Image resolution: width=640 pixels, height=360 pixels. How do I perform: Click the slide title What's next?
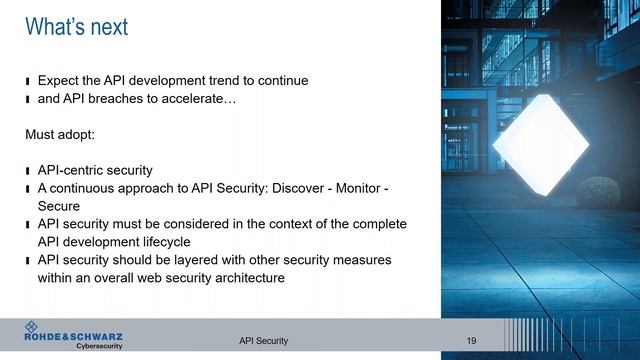(x=76, y=27)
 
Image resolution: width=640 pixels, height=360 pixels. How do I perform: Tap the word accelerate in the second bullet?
(x=204, y=100)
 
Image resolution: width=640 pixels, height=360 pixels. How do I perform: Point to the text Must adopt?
(x=61, y=133)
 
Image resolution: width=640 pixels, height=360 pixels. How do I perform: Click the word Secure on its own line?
(x=59, y=206)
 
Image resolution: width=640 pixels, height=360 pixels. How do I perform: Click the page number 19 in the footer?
(x=471, y=341)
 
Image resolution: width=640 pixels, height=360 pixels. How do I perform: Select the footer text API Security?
(x=263, y=341)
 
